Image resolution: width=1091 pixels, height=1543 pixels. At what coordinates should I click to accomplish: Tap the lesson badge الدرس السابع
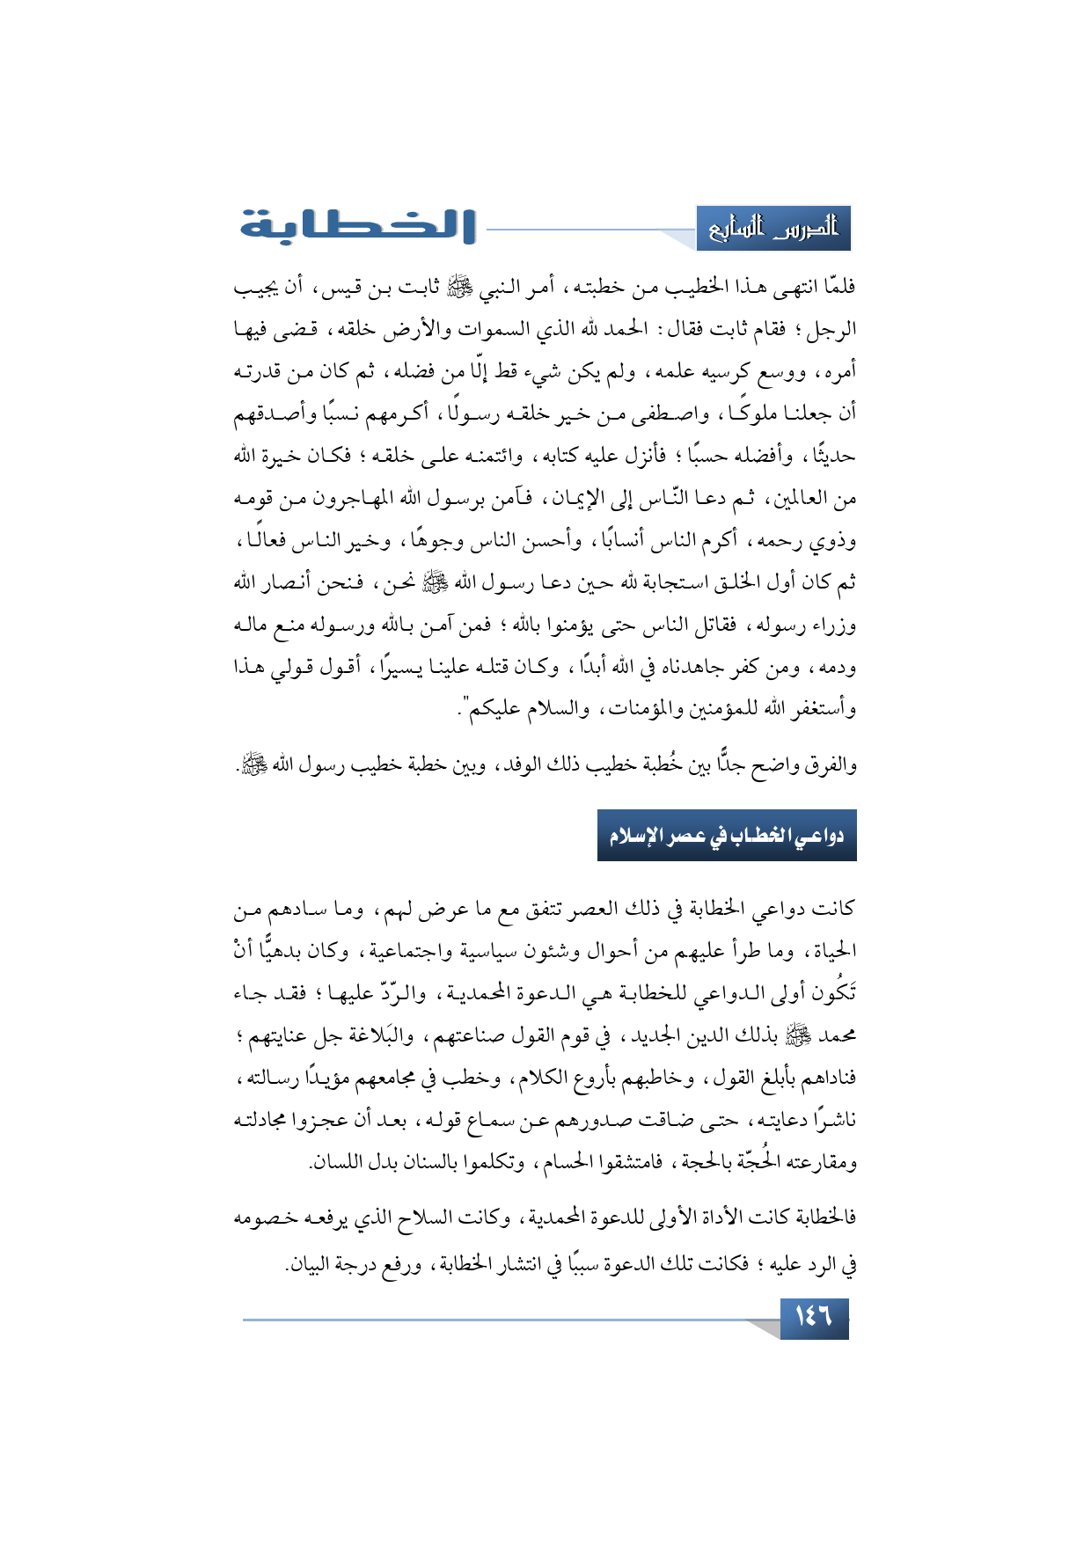773,229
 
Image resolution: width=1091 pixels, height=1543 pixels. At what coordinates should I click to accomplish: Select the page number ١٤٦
814,1317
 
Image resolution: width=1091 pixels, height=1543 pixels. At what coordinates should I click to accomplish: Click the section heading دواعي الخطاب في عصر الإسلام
727,835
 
